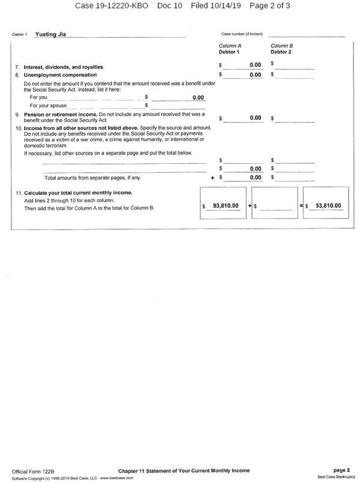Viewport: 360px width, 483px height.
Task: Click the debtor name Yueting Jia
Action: pyautogui.click(x=50, y=34)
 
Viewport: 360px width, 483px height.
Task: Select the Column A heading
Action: pyautogui.click(x=230, y=46)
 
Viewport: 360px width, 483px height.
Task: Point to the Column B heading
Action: pyautogui.click(x=282, y=46)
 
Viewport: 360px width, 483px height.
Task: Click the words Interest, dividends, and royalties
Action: pyautogui.click(x=63, y=67)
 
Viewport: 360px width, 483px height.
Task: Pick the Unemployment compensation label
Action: pyautogui.click(x=60, y=75)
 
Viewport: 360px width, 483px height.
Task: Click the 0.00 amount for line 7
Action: pyautogui.click(x=255, y=65)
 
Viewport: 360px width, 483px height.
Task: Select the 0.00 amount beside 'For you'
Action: pyautogui.click(x=198, y=97)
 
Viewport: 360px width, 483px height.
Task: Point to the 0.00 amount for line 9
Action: pyautogui.click(x=255, y=118)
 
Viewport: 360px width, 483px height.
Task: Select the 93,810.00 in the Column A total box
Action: pyautogui.click(x=226, y=206)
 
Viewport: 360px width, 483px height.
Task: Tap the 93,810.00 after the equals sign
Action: pyautogui.click(x=328, y=206)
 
